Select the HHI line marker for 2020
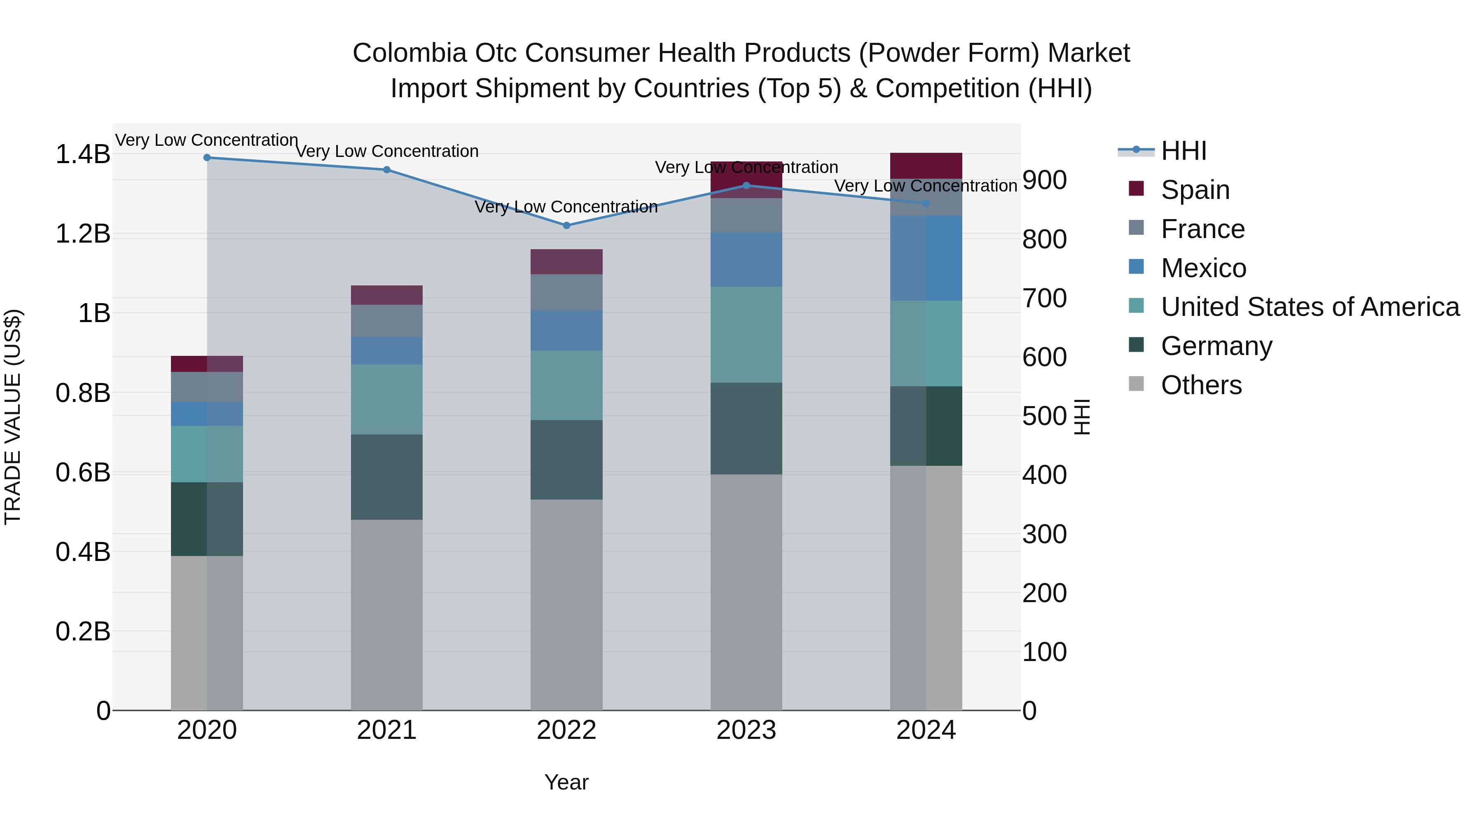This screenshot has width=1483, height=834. click(x=207, y=158)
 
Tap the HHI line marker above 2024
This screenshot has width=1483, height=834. click(x=926, y=203)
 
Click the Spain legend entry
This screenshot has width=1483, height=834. click(x=1195, y=190)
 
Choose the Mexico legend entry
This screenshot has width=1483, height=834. click(x=1203, y=268)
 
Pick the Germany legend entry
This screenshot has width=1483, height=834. click(x=1216, y=346)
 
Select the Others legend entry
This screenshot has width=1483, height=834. click(x=1201, y=385)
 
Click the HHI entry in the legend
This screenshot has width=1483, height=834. click(x=1184, y=151)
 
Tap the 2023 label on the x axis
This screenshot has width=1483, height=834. click(x=746, y=730)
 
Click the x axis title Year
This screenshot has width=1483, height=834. click(x=566, y=782)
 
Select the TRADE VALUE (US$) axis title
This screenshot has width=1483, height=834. click(x=13, y=417)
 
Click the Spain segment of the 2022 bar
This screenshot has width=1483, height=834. click(x=566, y=262)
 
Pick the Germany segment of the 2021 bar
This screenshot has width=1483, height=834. click(x=387, y=477)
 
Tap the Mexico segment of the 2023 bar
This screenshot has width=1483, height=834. click(x=746, y=259)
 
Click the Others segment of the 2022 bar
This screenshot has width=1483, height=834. click(x=566, y=604)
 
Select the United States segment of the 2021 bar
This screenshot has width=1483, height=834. click(x=387, y=399)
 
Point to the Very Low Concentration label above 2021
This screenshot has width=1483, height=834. click(x=387, y=152)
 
